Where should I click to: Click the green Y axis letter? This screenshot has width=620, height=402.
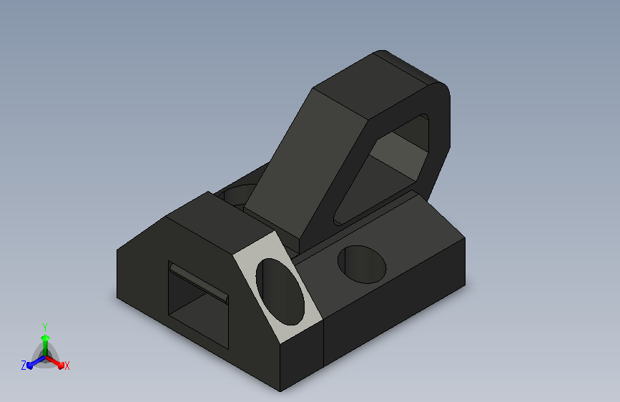point(44,327)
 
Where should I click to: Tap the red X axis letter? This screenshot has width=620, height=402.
point(67,366)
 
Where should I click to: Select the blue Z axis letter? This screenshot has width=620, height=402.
point(24,366)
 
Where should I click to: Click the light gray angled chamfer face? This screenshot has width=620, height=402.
point(278,288)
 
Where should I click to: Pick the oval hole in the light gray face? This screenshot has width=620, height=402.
point(280,292)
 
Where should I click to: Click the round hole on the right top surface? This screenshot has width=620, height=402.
point(362,265)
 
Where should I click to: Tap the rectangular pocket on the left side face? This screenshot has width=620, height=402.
point(199,305)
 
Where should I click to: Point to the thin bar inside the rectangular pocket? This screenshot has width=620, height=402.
point(199,282)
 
